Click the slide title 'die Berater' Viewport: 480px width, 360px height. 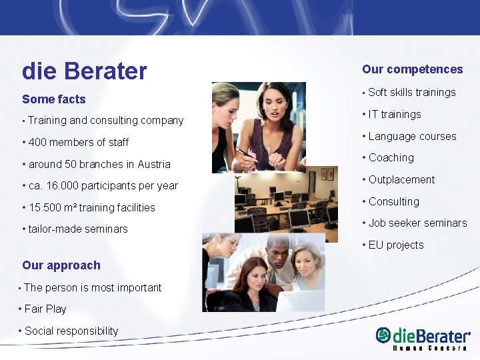coord(84,71)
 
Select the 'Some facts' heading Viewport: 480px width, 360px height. coord(54,99)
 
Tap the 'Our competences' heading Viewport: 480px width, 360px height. coord(412,69)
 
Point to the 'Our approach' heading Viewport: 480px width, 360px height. coord(61,265)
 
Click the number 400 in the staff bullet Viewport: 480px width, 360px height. coord(38,142)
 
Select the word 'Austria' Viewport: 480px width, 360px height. coord(153,164)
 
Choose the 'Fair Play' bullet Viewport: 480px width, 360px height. coord(45,309)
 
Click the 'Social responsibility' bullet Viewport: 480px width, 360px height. coord(71,331)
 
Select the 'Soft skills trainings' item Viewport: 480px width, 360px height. coord(411,93)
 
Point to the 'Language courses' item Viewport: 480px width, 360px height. coord(412,137)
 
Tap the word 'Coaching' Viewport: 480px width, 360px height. coord(391,158)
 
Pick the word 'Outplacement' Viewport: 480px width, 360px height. coord(401,180)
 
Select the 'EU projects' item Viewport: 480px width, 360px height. coord(396,245)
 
